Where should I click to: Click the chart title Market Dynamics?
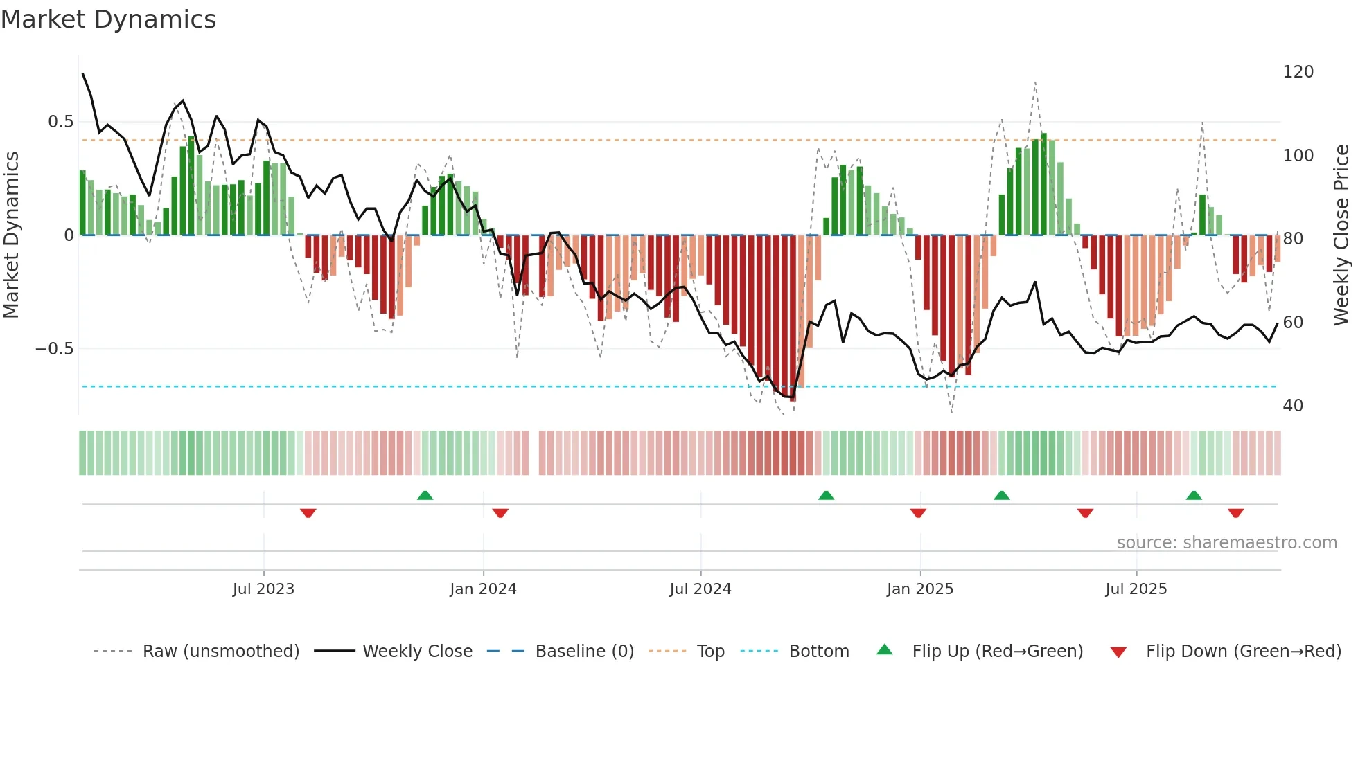[x=108, y=19]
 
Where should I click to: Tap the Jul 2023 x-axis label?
[x=263, y=589]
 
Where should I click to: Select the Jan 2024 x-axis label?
[x=483, y=589]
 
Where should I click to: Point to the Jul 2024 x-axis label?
[x=700, y=589]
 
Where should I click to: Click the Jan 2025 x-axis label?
[x=920, y=589]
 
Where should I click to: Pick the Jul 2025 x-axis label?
[x=1136, y=589]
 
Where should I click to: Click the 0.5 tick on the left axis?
[x=61, y=122]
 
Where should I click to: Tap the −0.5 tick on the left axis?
[x=55, y=348]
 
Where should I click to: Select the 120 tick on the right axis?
[x=1298, y=72]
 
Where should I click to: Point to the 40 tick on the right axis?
[x=1293, y=405]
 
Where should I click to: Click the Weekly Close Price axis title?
[x=1341, y=235]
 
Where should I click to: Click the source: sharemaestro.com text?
[x=1226, y=543]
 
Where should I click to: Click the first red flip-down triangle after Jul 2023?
[x=308, y=513]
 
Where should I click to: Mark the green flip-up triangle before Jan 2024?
[x=425, y=495]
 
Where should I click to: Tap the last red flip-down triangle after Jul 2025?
[x=1235, y=513]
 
